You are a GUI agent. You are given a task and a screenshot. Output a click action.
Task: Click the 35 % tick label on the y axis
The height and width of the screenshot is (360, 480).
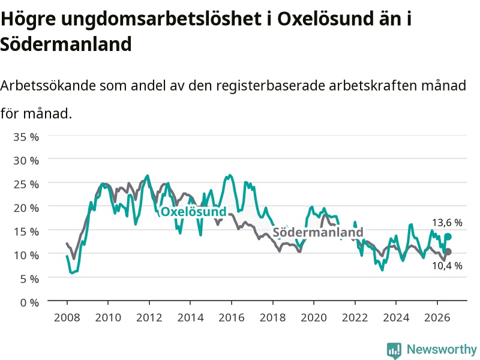coord(26,137)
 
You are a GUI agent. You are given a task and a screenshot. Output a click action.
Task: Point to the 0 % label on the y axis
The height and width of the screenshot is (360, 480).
coord(29,303)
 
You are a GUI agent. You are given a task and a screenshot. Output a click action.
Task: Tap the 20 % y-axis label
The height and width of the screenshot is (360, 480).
coord(26,208)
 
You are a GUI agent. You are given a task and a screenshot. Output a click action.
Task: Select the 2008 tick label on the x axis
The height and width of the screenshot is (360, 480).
coord(67,317)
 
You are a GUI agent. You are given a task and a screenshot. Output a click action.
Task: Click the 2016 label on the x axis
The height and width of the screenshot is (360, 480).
coord(232,317)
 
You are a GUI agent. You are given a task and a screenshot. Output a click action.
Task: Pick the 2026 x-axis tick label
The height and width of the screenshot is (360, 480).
coord(437,317)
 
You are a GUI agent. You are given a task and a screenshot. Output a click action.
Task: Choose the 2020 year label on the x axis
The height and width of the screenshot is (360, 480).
coord(314,317)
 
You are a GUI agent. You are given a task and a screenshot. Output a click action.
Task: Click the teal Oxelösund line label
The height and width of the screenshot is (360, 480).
coord(193,212)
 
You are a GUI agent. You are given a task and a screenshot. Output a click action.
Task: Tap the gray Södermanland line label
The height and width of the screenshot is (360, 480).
coord(318,232)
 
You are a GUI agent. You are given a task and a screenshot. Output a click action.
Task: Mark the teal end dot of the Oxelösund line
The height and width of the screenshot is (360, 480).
coord(448,236)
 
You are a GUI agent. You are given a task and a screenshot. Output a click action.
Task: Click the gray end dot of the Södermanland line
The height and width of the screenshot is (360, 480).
coord(448,251)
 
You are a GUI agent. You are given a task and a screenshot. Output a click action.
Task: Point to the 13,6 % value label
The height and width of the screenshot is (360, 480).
coord(447,223)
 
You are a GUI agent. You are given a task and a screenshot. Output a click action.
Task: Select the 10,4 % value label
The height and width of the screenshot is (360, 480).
coord(447,266)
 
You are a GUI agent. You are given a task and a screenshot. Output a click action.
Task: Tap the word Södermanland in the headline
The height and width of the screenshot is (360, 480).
coord(66,44)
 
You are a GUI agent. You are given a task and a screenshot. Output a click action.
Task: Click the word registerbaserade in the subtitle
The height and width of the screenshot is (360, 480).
coord(271,86)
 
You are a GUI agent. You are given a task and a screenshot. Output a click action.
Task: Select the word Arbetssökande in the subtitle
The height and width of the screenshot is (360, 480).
coord(48,85)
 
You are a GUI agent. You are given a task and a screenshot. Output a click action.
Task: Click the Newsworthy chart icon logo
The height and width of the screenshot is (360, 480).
coord(394,350)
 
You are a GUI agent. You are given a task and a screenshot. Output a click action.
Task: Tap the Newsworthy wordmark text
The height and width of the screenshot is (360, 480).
coord(442,349)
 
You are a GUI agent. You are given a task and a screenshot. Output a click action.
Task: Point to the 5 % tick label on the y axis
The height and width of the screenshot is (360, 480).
coord(29,279)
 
